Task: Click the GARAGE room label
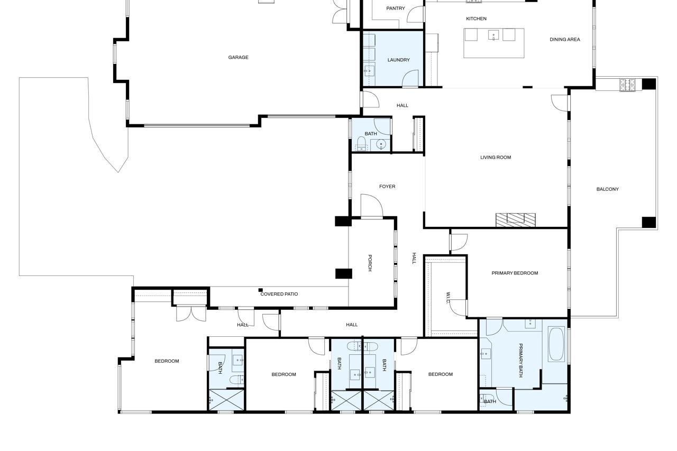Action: pyautogui.click(x=238, y=57)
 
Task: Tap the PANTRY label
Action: pyautogui.click(x=395, y=8)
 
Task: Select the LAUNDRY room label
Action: pyautogui.click(x=398, y=60)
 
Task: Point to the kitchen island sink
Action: pyautogui.click(x=493, y=35)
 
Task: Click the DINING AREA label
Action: pyautogui.click(x=564, y=39)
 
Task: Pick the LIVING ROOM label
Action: pyautogui.click(x=496, y=157)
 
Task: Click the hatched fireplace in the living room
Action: pyautogui.click(x=515, y=220)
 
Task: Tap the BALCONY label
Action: pyautogui.click(x=607, y=189)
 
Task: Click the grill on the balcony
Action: pyautogui.click(x=627, y=85)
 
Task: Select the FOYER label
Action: pyautogui.click(x=387, y=187)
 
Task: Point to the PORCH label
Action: pyautogui.click(x=370, y=263)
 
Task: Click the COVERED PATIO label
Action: pyautogui.click(x=279, y=294)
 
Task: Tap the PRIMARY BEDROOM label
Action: pyautogui.click(x=515, y=273)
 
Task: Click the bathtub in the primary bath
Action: pyautogui.click(x=556, y=344)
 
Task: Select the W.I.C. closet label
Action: pyautogui.click(x=448, y=298)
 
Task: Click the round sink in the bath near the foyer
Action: pyautogui.click(x=381, y=144)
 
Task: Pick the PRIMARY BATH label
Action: pyautogui.click(x=520, y=361)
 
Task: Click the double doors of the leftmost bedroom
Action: pyautogui.click(x=191, y=314)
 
